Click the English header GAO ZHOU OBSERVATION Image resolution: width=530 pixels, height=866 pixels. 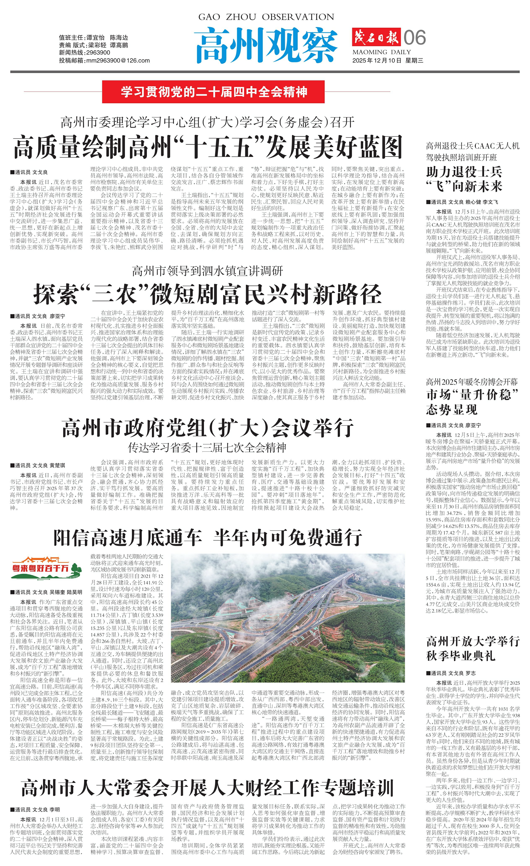[266, 17]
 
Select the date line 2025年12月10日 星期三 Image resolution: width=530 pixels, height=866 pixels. [388, 60]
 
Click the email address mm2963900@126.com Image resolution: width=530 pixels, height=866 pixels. [104, 60]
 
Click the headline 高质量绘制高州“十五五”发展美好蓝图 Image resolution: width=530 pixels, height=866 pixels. [208, 148]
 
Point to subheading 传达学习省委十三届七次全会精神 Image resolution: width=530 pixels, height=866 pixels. [207, 447]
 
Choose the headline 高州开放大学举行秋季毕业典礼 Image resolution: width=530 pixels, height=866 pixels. [472, 648]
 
